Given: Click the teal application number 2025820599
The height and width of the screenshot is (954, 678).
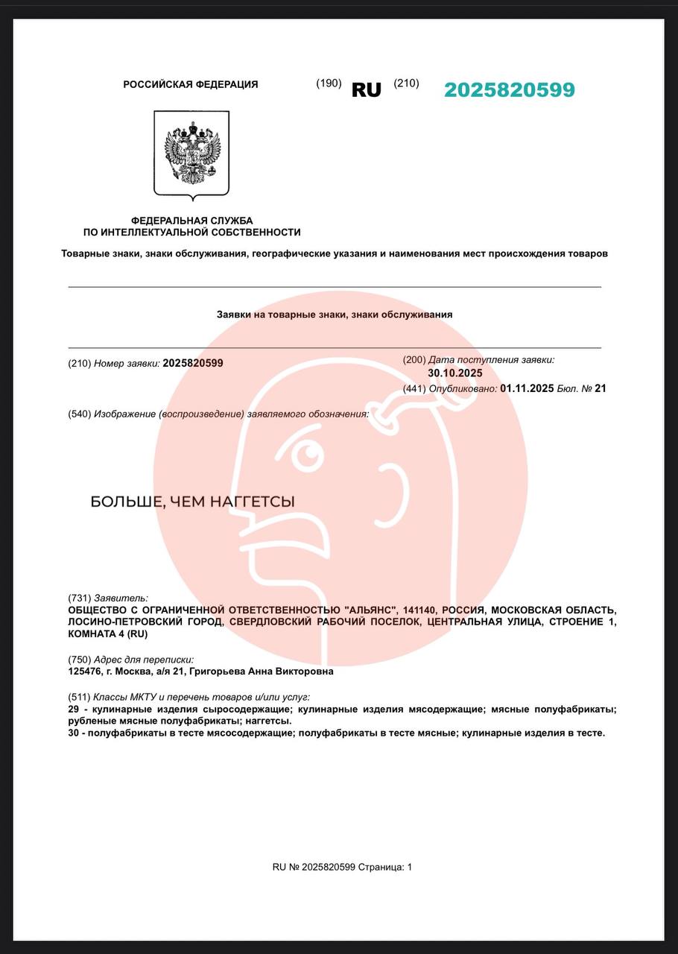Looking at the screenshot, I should (510, 90).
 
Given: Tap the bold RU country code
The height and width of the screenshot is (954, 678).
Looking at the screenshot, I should (366, 90).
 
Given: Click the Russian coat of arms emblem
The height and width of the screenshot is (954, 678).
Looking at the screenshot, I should (191, 154).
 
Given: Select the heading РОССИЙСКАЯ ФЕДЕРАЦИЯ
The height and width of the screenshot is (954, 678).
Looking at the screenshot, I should (191, 85).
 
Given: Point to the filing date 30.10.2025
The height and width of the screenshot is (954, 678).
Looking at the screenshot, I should (455, 373).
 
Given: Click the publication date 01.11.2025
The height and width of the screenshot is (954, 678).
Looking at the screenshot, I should (527, 388).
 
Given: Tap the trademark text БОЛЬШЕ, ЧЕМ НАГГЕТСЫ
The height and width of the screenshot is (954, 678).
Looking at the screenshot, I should (192, 502).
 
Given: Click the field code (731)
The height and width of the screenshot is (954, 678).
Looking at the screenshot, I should (79, 598).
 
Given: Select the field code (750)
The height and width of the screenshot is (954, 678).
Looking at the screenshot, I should (79, 660).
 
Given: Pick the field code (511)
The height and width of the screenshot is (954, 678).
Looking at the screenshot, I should (79, 697).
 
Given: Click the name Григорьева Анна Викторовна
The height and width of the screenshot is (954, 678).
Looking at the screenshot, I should (262, 672).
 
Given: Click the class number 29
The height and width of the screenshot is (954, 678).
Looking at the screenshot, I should (74, 710).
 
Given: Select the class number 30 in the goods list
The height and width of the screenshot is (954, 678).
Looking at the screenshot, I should (74, 733).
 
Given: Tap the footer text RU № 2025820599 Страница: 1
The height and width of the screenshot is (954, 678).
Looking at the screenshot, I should (342, 867).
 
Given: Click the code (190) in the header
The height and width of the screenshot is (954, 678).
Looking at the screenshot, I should (329, 83).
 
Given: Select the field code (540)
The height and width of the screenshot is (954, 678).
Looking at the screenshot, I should (79, 414).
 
